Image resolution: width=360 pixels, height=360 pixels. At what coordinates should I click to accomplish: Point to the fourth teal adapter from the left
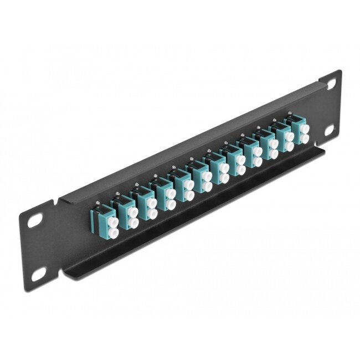click(x=166, y=192)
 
